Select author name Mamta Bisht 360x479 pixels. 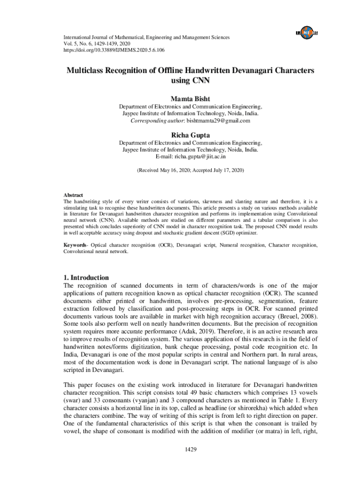coord(190,99)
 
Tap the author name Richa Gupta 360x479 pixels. coord(190,135)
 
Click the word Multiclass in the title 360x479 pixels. coord(87,70)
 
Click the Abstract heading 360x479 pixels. coord(73,195)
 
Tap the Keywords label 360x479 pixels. coord(75,245)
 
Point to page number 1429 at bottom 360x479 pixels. coord(190,449)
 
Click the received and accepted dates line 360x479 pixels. coord(190,171)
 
